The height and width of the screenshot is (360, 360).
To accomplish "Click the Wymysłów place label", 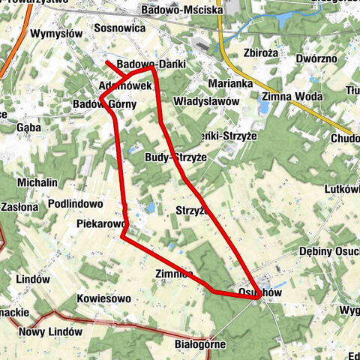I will (x=56, y=34).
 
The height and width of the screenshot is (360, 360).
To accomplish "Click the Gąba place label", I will (x=28, y=127).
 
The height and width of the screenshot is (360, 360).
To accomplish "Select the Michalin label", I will (x=37, y=182).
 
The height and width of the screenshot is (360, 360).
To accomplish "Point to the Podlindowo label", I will (x=75, y=203).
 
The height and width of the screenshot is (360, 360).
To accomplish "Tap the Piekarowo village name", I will (x=99, y=223).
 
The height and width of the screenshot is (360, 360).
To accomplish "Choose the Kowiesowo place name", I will (x=104, y=298).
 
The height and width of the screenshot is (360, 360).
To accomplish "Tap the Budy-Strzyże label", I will (x=179, y=157).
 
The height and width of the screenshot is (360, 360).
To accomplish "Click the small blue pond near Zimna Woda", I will (x=264, y=107).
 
